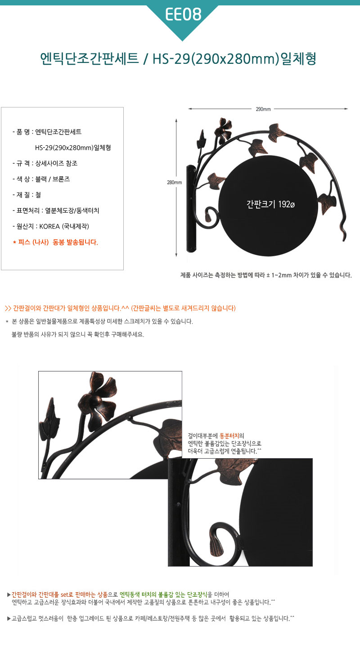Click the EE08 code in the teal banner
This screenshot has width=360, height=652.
coord(183,14)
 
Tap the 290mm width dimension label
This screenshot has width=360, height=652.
coord(263,109)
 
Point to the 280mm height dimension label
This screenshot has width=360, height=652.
coord(175,183)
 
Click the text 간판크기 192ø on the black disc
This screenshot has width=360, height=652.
coord(270,204)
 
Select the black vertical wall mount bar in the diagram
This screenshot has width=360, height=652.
coord(191,209)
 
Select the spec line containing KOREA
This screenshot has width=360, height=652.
coord(51,226)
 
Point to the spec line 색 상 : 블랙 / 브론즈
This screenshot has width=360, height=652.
coord(41,179)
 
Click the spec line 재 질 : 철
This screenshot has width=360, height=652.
coord(27,195)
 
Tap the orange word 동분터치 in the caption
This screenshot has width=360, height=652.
coord(229,436)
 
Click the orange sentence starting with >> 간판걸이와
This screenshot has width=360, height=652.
coord(120,308)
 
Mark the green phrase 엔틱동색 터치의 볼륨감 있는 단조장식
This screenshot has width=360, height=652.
coord(163,594)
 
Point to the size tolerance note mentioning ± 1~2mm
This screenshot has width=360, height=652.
coord(266,275)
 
